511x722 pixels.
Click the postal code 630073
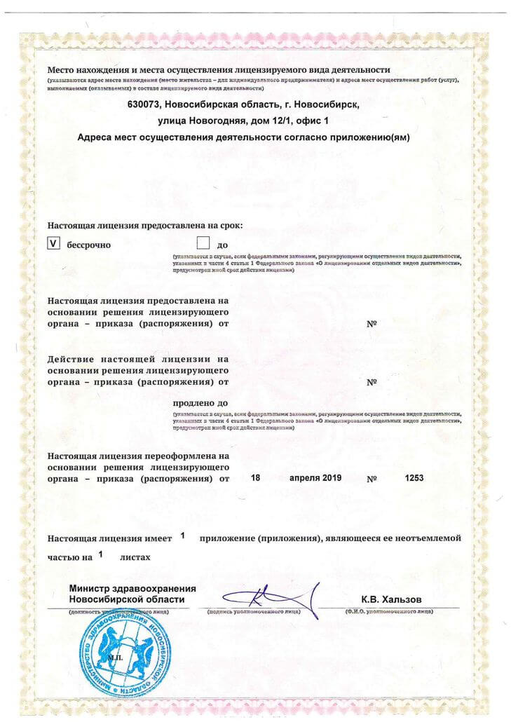point(145,104)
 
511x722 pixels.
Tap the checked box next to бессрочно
point(53,244)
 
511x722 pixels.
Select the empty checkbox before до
point(204,244)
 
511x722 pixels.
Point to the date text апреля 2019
point(315,478)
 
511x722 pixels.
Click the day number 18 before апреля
point(255,478)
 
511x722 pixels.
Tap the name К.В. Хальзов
point(392,599)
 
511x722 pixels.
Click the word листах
point(135,558)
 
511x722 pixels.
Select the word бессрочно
point(88,245)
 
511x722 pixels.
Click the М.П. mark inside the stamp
point(114,658)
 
